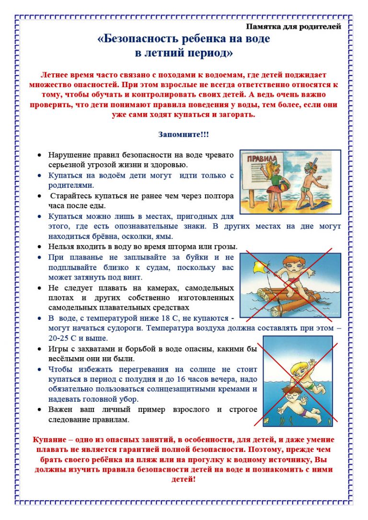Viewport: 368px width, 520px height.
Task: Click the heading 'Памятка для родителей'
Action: (294, 26)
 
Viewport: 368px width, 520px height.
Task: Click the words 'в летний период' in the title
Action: (184, 53)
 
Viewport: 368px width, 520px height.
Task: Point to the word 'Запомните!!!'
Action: (184, 135)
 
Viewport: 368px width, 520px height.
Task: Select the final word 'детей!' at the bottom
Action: (184, 479)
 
